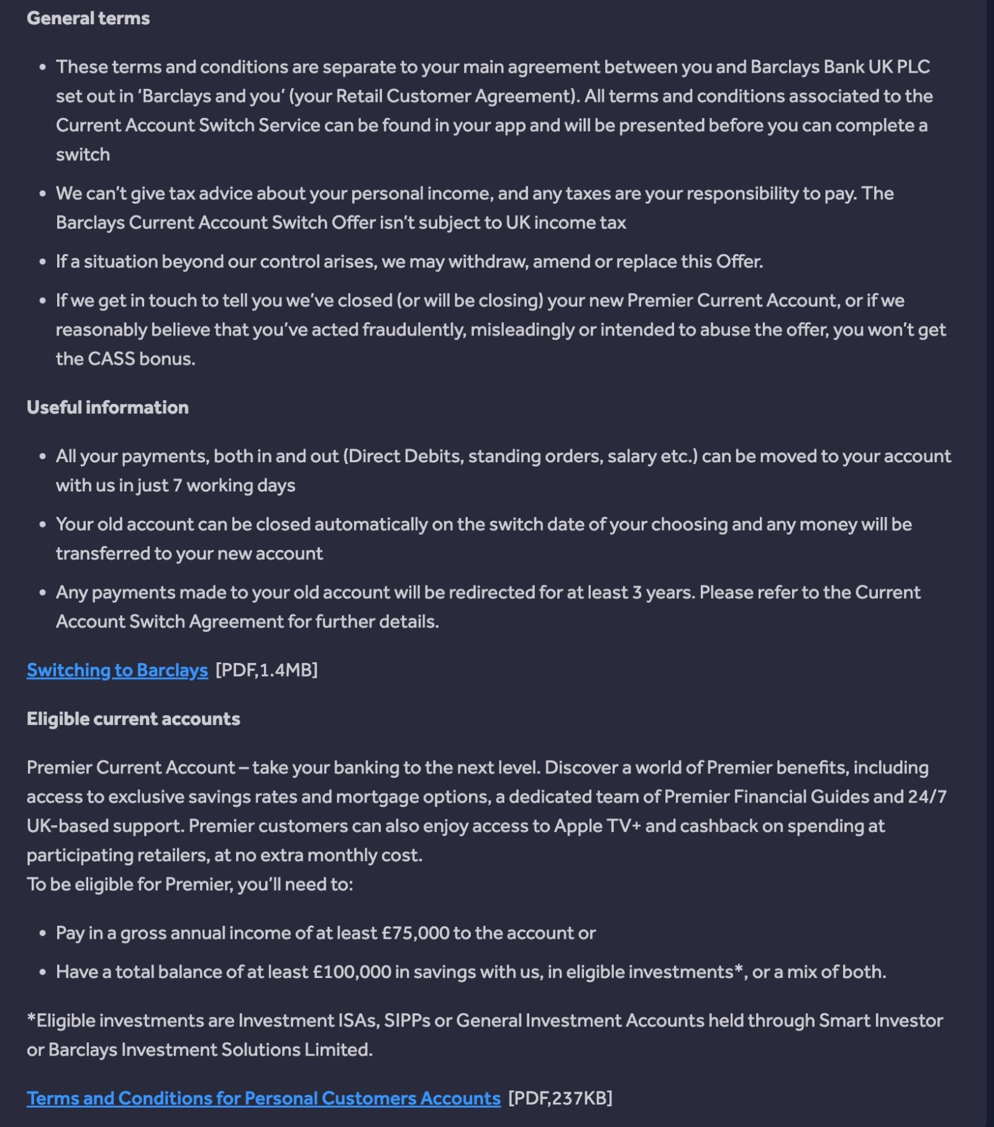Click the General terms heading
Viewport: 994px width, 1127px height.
(x=88, y=19)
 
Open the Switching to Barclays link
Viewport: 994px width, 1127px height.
(x=117, y=670)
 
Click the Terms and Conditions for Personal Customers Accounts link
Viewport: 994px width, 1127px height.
(x=263, y=1098)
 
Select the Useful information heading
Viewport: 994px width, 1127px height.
(x=107, y=408)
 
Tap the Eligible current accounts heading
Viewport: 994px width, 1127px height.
(x=133, y=719)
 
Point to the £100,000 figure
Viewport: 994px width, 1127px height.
(x=352, y=972)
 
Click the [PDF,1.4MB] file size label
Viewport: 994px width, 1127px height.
(x=267, y=670)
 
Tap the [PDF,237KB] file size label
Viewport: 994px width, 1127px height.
(x=560, y=1098)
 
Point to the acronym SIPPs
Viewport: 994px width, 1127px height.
(x=407, y=1020)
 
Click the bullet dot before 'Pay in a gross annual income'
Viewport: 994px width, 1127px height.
(x=42, y=933)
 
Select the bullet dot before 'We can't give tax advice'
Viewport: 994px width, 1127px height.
(x=42, y=194)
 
